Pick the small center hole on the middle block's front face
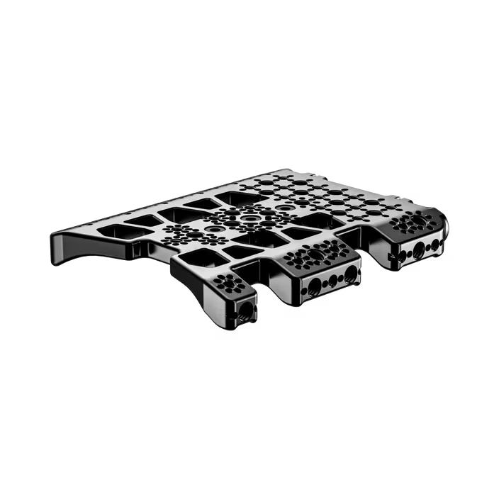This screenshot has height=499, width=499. (331, 280)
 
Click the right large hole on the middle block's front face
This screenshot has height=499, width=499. (350, 272)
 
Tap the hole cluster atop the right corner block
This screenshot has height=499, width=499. (410, 221)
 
